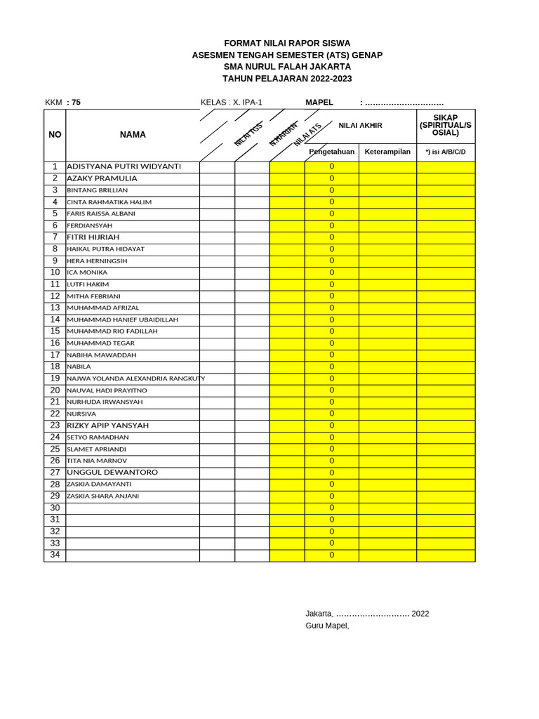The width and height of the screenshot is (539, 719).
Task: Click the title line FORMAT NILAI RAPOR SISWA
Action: (x=287, y=44)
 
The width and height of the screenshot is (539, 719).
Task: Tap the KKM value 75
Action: (x=75, y=103)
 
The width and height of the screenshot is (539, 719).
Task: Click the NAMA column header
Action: (x=133, y=135)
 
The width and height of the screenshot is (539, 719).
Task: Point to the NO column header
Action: (x=55, y=135)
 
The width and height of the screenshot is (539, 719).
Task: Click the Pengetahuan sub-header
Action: (x=332, y=152)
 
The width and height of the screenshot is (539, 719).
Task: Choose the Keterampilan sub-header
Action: (x=387, y=152)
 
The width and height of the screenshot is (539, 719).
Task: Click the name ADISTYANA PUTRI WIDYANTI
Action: (x=124, y=167)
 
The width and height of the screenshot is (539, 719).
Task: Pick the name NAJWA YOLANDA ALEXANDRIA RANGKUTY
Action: (x=135, y=378)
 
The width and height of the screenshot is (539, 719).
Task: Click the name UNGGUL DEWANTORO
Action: (x=112, y=473)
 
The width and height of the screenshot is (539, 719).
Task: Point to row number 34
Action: (x=55, y=555)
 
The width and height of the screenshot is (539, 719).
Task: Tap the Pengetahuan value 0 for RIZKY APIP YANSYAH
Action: (x=332, y=426)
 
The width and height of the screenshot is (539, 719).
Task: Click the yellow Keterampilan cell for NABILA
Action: (x=387, y=367)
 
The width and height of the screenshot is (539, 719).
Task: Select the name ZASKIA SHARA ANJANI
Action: (x=102, y=496)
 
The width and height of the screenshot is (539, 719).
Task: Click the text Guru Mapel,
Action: (x=327, y=626)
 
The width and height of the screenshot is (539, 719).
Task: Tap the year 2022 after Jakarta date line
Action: (x=420, y=614)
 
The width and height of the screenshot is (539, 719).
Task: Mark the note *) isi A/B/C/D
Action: (x=446, y=152)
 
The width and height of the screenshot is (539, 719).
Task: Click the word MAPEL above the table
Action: (x=319, y=103)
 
